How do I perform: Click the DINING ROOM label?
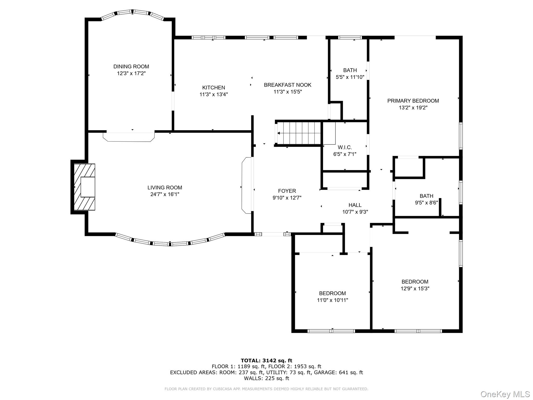pyautogui.click(x=131, y=67)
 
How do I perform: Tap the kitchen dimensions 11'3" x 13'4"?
pyautogui.click(x=213, y=95)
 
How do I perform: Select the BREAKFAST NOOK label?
pyautogui.click(x=287, y=85)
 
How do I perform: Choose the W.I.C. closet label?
pyautogui.click(x=345, y=147)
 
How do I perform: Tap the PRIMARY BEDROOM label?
pyautogui.click(x=413, y=101)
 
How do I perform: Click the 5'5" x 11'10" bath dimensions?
pyautogui.click(x=350, y=77)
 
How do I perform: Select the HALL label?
pyautogui.click(x=355, y=205)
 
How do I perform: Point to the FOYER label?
pyautogui.click(x=287, y=191)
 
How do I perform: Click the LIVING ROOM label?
pyautogui.click(x=165, y=187)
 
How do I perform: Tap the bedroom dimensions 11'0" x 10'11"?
pyautogui.click(x=332, y=300)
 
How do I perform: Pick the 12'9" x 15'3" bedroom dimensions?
pyautogui.click(x=415, y=289)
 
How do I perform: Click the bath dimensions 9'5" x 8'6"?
pyautogui.click(x=426, y=203)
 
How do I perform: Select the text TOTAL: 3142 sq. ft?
pyautogui.click(x=266, y=361)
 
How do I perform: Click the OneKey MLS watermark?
pyautogui.click(x=505, y=394)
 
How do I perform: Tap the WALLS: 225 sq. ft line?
pyautogui.click(x=266, y=378)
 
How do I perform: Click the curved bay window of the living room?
pyautogui.click(x=170, y=243)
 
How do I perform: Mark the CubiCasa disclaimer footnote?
pyautogui.click(x=266, y=389)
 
